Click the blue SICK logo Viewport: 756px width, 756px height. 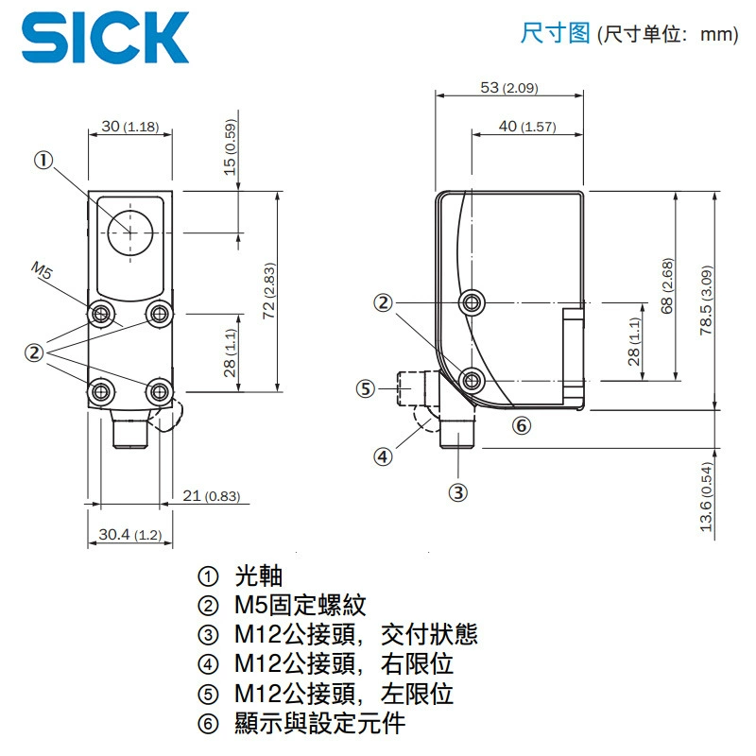(x=105, y=38)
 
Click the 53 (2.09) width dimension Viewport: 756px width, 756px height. (x=509, y=88)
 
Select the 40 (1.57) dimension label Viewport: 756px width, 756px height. (x=527, y=127)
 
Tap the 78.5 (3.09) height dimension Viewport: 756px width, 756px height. (x=706, y=300)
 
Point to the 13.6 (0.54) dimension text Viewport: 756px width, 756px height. (x=706, y=497)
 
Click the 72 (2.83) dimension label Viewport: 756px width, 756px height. (x=269, y=291)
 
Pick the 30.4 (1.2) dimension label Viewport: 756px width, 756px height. (x=130, y=534)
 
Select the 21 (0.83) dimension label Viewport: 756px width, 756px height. (x=211, y=495)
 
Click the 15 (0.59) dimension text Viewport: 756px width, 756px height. (x=231, y=147)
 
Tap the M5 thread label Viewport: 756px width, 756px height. (x=41, y=271)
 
